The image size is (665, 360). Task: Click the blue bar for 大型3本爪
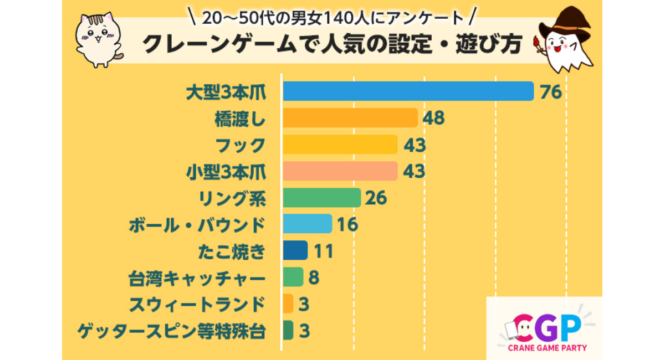coord(408,91)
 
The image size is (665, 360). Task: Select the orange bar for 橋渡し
coord(350,118)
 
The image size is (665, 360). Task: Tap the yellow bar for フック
coord(340,145)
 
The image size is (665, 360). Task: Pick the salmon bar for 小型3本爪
coord(340,171)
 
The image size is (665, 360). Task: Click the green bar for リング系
coord(321,198)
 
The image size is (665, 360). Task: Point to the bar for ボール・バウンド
coord(307,224)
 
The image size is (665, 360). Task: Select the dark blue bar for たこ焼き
coord(295,250)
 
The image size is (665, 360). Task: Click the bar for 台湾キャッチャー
coord(293,277)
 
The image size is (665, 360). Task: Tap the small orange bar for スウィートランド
coord(288,304)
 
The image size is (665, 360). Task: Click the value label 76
coord(551,92)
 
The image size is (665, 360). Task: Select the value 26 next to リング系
coord(376,198)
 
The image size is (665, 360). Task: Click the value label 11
coord(323,251)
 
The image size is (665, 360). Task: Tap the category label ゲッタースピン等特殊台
coord(171,331)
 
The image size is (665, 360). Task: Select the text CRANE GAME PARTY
coord(547,348)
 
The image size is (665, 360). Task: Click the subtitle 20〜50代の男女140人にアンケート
coord(332,18)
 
